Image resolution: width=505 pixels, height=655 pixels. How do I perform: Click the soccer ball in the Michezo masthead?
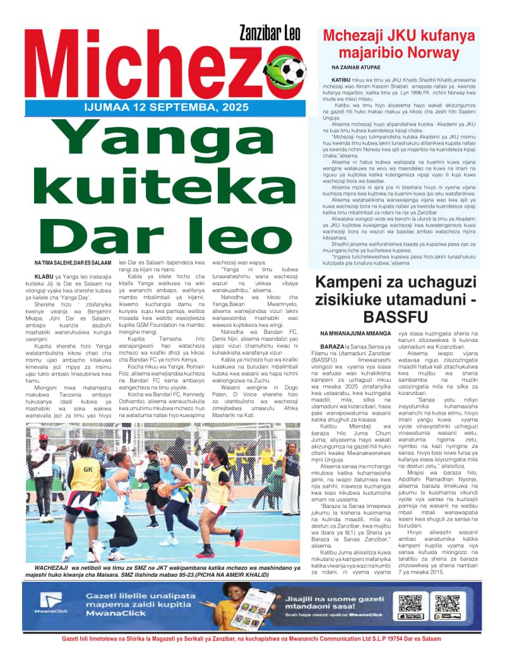285,68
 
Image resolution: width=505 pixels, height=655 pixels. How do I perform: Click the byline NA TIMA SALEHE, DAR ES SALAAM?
73,263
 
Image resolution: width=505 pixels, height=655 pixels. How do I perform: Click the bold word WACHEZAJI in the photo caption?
54,567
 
